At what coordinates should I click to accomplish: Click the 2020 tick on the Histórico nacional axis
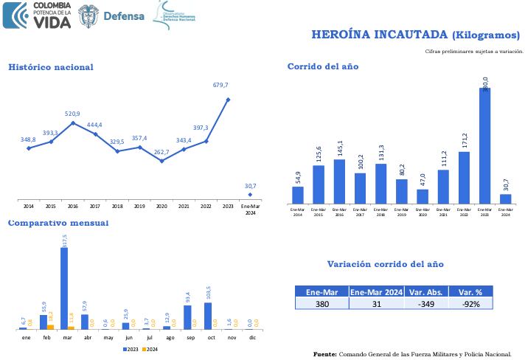pos(161,206)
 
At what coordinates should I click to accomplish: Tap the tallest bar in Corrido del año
pos(484,145)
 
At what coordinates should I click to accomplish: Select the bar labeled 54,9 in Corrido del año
pos(298,195)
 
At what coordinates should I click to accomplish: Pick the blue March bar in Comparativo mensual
pos(64,288)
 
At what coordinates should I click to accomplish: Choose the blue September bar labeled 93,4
pos(187,316)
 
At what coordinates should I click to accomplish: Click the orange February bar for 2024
pos(50,326)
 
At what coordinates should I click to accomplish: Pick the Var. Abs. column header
pos(427,292)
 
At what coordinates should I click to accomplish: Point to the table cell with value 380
pos(321,303)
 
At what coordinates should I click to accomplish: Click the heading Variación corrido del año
pos(385,264)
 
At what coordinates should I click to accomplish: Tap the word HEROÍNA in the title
pos(343,34)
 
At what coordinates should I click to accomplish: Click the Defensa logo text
pos(124,15)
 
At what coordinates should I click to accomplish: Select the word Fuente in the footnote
pos(324,354)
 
